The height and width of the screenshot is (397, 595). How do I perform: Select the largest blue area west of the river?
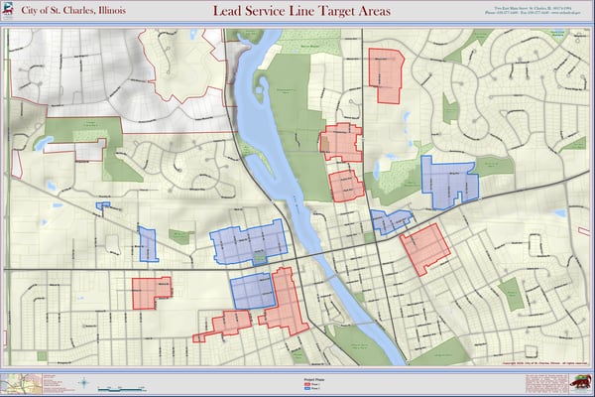coord(248,242)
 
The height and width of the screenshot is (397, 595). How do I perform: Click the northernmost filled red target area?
coord(386,72)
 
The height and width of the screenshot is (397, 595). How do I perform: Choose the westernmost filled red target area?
coord(151,291)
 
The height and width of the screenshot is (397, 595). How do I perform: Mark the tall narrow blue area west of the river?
coord(148,244)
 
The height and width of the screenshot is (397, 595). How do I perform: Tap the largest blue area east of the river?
coord(448,179)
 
